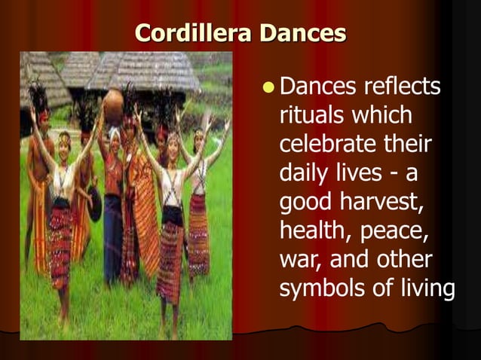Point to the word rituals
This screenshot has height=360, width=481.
(x=313, y=117)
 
